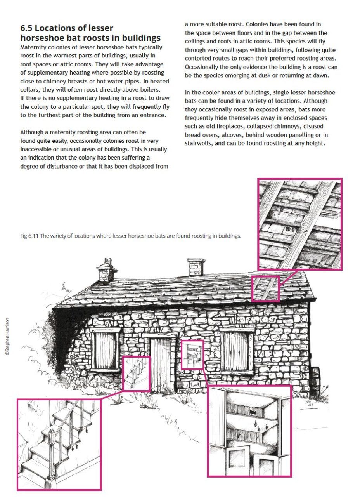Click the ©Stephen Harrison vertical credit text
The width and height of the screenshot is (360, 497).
point(7,337)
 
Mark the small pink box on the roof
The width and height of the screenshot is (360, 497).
point(265,288)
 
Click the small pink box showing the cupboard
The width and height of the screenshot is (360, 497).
point(192,355)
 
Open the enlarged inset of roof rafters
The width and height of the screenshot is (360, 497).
point(300,224)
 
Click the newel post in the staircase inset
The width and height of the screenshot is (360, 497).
point(51,454)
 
